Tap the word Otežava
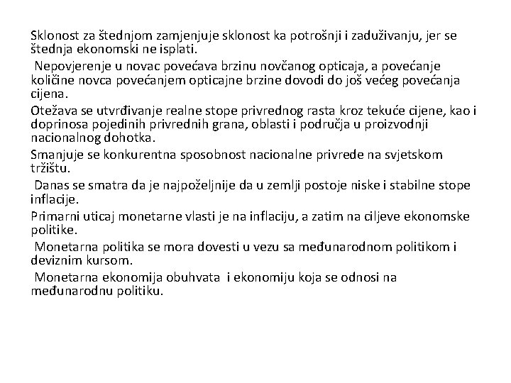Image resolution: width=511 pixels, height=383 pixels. pos(55,111)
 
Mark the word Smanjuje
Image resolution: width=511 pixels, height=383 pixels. pos(58,155)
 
